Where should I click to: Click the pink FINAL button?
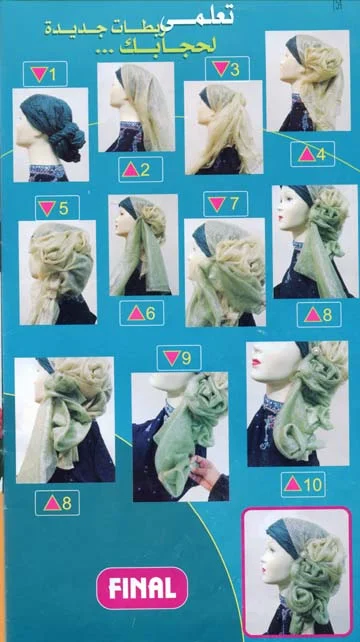142,588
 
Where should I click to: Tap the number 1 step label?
45,74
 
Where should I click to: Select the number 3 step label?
227,68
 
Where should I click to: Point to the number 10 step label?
303,484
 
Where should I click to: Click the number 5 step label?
57,208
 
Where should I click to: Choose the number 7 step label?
225,203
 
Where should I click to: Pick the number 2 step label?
140,169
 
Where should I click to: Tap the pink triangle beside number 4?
307,154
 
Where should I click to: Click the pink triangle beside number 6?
136,314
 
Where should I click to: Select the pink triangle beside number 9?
171,357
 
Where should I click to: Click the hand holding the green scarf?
206,474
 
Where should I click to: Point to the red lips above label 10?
256,363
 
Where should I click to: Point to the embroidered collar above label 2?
130,129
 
